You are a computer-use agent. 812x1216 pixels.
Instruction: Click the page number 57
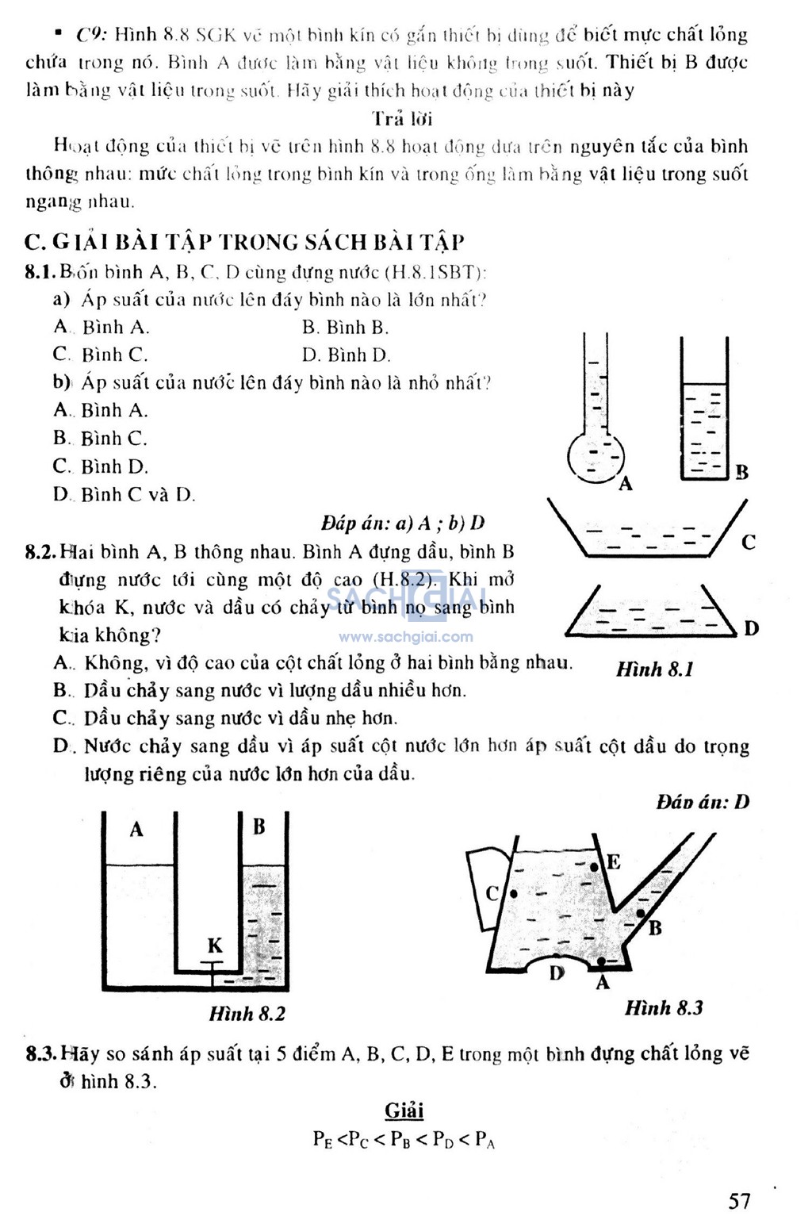739,1200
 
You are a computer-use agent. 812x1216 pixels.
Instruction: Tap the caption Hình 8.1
655,669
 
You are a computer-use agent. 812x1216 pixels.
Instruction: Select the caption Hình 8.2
247,1014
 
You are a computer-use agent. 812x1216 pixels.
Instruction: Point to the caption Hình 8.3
664,1008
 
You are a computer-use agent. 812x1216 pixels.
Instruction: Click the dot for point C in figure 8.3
513,894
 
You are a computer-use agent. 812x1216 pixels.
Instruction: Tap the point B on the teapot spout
641,914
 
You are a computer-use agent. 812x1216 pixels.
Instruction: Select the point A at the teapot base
601,961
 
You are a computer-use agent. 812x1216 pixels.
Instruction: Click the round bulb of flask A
596,458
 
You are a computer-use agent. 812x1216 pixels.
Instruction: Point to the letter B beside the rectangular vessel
741,473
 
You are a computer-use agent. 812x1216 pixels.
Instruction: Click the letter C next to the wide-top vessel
748,543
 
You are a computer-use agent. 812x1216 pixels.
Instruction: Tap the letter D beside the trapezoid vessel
751,628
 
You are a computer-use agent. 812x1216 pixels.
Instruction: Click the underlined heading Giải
404,1111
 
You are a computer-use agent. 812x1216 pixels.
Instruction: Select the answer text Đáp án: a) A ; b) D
403,523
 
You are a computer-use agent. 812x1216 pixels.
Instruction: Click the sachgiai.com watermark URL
406,637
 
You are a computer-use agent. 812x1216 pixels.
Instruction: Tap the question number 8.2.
40,552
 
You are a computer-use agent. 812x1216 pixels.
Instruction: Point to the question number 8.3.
40,1054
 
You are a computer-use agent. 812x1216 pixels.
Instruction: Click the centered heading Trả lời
402,119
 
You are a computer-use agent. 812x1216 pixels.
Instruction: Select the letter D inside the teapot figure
557,972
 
